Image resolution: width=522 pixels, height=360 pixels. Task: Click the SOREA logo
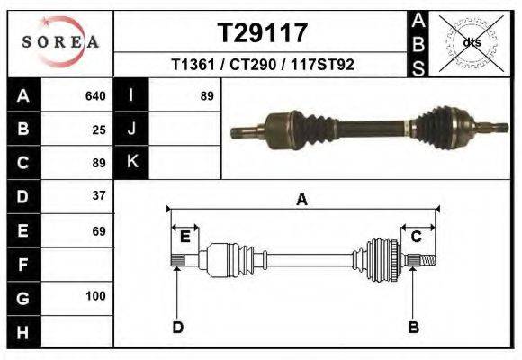point(60,42)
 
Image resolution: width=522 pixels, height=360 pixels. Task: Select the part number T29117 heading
point(264,33)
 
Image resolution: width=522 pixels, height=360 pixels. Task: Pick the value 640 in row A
point(94,95)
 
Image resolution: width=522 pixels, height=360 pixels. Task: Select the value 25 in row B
point(99,129)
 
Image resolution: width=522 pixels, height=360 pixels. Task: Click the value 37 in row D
point(99,195)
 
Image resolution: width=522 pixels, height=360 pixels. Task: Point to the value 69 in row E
point(99,231)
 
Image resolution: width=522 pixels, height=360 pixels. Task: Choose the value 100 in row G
point(96,296)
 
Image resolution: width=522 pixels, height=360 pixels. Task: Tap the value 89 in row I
point(207,95)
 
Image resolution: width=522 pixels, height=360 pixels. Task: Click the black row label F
point(22,265)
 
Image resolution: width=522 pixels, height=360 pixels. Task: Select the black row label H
point(22,331)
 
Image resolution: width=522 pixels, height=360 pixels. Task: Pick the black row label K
point(131,162)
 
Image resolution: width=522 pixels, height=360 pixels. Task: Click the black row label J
point(131,129)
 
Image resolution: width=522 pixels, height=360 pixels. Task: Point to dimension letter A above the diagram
point(302,200)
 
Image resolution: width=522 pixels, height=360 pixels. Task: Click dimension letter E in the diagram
point(184,237)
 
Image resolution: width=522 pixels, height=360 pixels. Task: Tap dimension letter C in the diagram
point(417,237)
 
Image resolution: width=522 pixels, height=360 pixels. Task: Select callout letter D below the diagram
point(177,327)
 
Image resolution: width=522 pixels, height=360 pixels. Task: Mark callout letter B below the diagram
point(414,327)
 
